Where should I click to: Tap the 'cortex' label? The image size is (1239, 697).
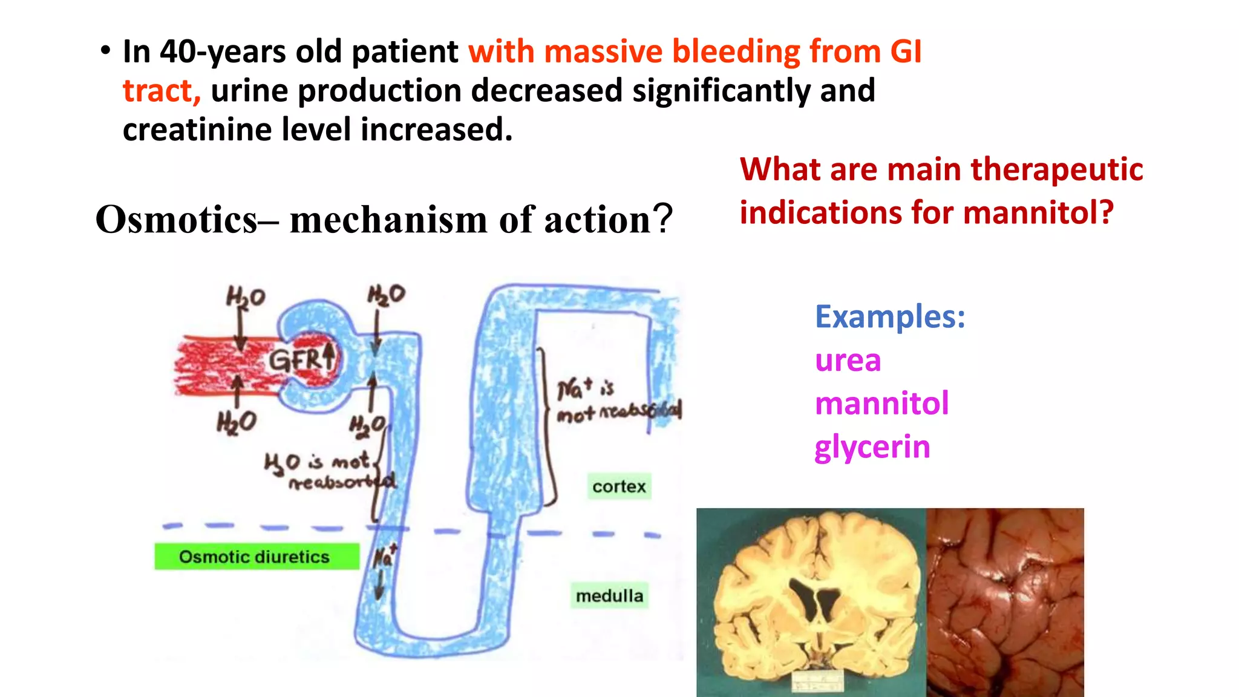[619, 486]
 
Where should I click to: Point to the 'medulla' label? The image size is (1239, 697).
[609, 596]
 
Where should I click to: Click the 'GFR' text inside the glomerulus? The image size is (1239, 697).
[296, 361]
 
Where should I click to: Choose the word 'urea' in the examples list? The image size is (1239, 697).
[848, 361]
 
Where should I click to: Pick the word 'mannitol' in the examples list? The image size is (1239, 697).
[881, 404]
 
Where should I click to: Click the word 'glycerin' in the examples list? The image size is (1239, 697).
[872, 447]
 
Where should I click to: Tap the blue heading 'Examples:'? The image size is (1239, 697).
[890, 316]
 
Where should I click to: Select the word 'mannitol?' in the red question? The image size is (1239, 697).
[1038, 212]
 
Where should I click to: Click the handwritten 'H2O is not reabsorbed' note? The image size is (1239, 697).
[330, 471]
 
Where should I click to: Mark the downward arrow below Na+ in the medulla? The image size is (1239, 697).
[380, 584]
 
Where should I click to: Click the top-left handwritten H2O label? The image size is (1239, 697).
[245, 297]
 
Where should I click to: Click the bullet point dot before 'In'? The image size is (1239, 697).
[106, 51]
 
